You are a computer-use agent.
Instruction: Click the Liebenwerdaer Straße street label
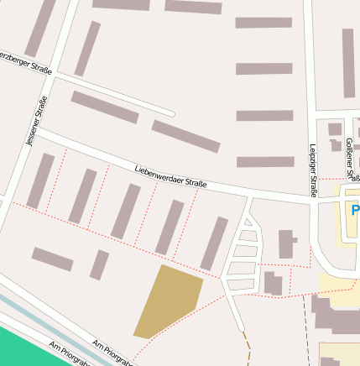pos(170,177)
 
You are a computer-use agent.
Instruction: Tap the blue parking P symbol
pos(355,211)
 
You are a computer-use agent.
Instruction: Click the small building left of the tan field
pos(99,264)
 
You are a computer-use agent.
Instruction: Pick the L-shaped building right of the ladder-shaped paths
pos(286,243)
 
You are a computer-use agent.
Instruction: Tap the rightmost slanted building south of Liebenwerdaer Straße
pos(214,243)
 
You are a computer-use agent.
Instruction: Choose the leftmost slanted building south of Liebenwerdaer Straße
pos(40,180)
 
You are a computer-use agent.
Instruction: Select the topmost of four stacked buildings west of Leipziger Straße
pos(263,23)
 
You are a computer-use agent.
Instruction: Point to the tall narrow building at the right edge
pos(348,63)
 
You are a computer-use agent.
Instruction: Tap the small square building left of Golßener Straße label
pos(335,129)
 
